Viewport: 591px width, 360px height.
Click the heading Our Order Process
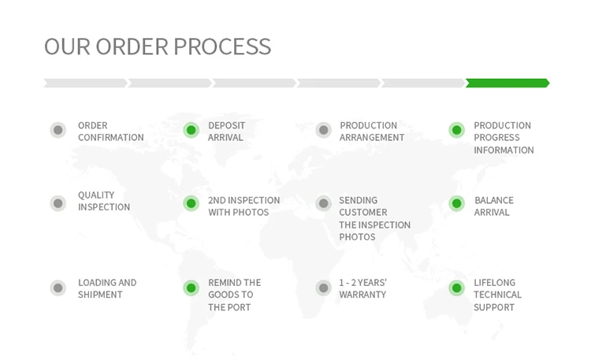[x=158, y=46]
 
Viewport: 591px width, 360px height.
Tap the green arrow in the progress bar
[x=507, y=83]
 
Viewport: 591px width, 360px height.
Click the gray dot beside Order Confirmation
[x=58, y=130]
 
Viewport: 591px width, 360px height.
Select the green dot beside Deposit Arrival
[x=191, y=130]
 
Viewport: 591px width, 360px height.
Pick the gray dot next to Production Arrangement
[x=323, y=130]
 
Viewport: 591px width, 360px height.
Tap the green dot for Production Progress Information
[x=456, y=130]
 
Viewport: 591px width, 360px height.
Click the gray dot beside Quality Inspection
[x=58, y=203]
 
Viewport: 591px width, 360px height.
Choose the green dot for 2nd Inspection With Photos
[x=191, y=203]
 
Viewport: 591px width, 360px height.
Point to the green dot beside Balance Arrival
[x=456, y=203]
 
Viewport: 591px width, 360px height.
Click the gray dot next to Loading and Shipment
[x=58, y=288]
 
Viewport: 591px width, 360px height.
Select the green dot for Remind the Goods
[x=191, y=288]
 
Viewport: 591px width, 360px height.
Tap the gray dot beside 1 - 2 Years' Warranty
[x=323, y=288]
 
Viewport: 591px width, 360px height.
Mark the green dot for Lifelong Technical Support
[x=456, y=288]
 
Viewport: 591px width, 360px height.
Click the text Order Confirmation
[x=110, y=132]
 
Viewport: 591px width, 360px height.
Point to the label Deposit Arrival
[x=226, y=132]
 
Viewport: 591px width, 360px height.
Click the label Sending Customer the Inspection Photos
[x=374, y=218]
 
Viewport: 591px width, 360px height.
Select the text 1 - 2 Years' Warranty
[x=362, y=288]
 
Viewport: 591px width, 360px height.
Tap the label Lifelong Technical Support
[x=497, y=295]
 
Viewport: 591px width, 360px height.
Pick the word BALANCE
[x=494, y=201]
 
